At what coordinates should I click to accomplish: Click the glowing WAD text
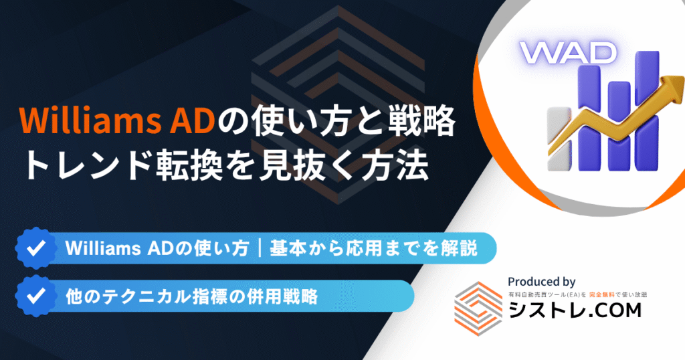tap(568, 53)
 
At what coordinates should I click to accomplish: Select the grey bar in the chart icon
tap(559, 139)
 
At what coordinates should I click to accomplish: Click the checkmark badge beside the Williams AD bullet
tap(36, 248)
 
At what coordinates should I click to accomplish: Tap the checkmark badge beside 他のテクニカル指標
tap(36, 296)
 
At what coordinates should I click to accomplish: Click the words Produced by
tap(541, 282)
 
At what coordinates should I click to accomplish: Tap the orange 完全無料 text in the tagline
tap(601, 295)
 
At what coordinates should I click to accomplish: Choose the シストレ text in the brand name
tap(539, 310)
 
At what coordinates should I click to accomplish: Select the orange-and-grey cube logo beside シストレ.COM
tap(478, 308)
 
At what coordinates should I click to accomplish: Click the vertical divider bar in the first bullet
tap(260, 248)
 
